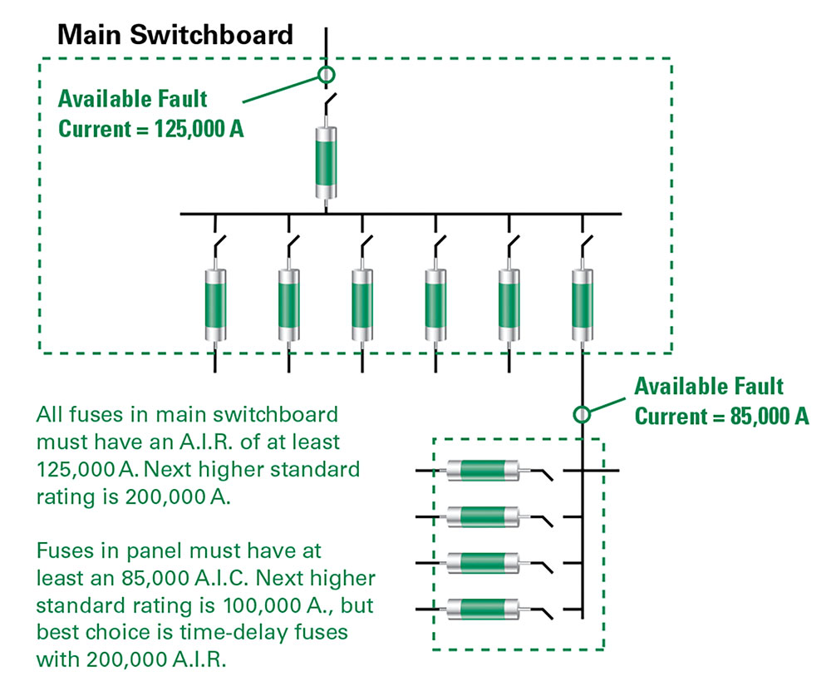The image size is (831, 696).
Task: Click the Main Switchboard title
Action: click(175, 34)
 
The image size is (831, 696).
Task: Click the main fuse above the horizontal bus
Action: click(325, 161)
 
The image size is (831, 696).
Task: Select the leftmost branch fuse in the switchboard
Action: click(215, 304)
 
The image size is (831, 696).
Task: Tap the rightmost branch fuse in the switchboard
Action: click(582, 304)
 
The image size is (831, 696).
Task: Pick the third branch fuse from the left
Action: click(361, 304)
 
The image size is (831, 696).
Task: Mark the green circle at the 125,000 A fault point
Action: click(326, 76)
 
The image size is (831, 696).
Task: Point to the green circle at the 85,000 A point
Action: click(582, 413)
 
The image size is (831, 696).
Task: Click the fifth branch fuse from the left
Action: click(509, 304)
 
